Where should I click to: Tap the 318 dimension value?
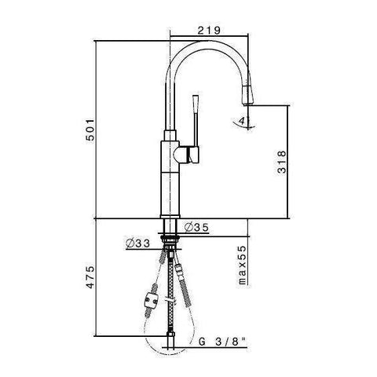pos(291,161)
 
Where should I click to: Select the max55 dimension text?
pos(243,263)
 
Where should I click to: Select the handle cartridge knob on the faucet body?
pos(189,154)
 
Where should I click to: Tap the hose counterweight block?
pos(152,302)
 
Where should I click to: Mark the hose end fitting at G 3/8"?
pos(170,342)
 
